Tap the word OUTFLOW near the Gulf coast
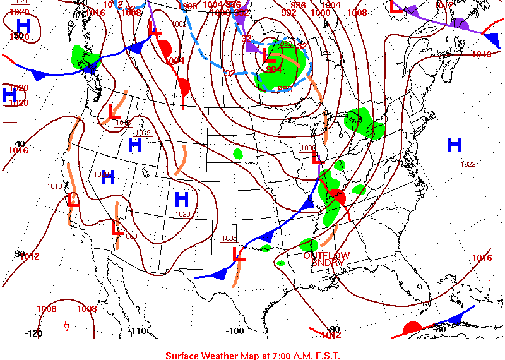tap(326, 255)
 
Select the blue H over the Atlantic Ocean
tap(454, 145)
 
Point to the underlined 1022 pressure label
tap(468, 164)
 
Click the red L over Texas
tap(239, 254)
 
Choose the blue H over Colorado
tap(182, 200)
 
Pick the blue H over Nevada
tap(108, 177)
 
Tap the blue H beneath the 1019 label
tap(134, 145)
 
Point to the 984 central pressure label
tap(273, 69)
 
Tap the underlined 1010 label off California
tap(54, 186)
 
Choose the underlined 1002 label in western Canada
tap(179, 25)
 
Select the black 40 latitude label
tap(20, 144)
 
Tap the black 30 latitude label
tap(20, 253)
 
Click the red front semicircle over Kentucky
tap(336, 196)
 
